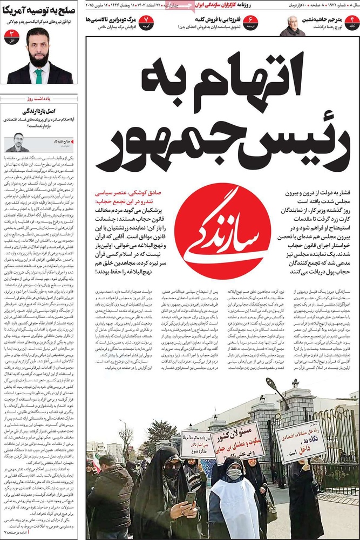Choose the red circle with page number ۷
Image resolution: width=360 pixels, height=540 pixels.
146,23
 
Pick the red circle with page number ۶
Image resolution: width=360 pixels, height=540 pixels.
250,23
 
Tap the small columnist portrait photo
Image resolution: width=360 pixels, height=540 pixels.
17,143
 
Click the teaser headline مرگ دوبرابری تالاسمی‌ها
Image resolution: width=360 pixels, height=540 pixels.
110,19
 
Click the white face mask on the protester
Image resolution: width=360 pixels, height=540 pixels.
234,474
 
